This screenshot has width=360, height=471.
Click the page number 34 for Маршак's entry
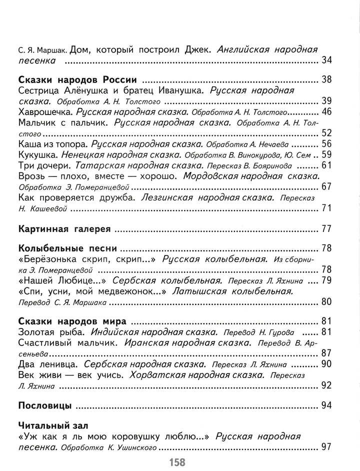click(x=326, y=61)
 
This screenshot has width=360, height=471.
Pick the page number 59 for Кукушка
click(x=326, y=154)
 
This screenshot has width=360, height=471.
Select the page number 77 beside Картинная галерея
click(x=326, y=229)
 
